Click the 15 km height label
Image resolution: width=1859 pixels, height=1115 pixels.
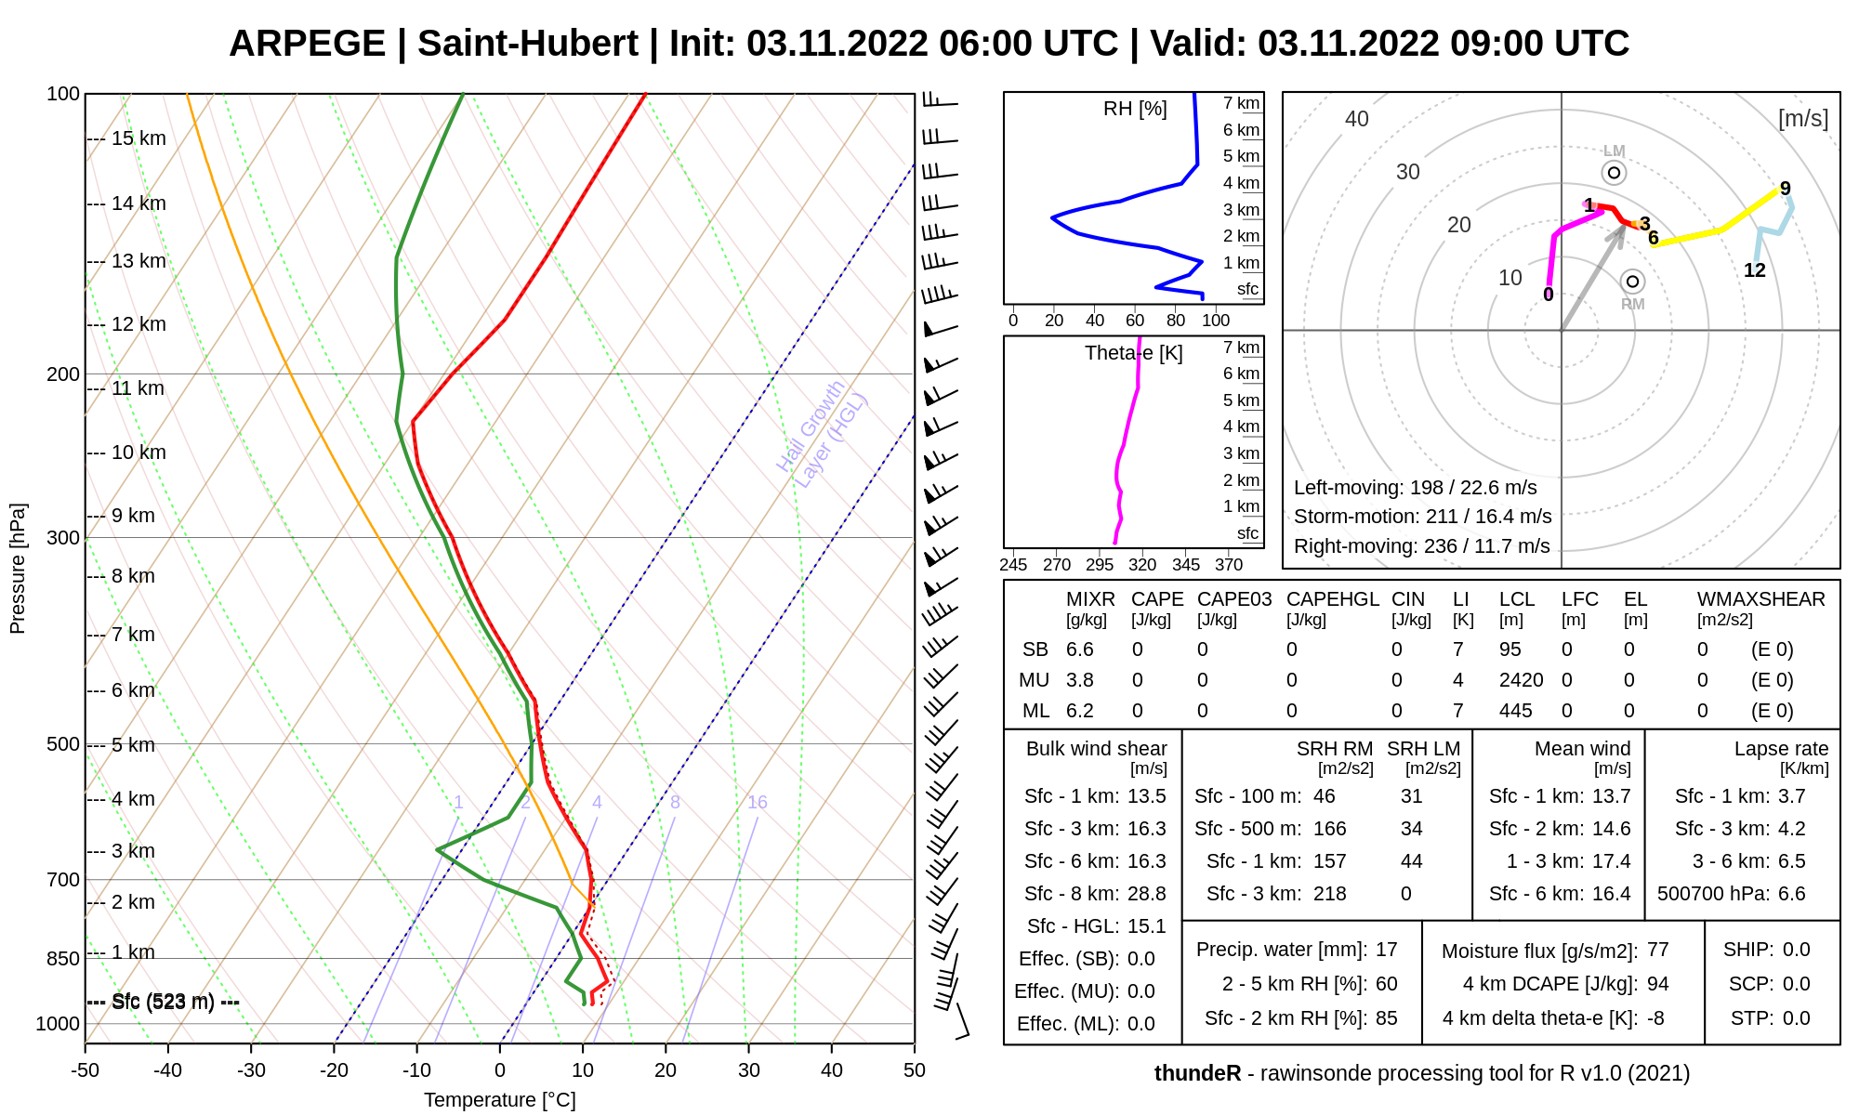point(138,138)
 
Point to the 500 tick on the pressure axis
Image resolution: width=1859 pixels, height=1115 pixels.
point(63,744)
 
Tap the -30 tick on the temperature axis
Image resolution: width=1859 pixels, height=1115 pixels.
point(251,1070)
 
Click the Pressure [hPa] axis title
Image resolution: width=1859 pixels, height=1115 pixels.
point(18,569)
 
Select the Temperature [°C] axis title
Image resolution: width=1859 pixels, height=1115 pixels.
point(500,1100)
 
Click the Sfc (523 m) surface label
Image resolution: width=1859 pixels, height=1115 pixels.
point(164,1002)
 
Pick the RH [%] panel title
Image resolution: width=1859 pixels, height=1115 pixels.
point(1135,109)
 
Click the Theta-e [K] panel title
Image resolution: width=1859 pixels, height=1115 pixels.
point(1133,353)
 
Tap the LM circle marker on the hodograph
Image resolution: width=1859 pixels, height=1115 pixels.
point(1615,173)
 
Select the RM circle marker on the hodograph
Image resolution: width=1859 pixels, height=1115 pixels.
point(1632,282)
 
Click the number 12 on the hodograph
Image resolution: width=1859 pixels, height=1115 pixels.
point(1754,270)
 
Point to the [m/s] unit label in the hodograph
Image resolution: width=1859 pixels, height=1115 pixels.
point(1802,119)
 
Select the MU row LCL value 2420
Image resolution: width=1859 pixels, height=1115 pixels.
point(1521,680)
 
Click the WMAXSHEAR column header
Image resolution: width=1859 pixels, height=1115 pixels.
point(1760,599)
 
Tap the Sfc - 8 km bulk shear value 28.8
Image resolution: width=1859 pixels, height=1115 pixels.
point(1146,894)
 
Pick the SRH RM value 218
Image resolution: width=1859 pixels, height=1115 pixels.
point(1329,894)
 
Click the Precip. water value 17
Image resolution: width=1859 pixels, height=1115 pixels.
point(1386,950)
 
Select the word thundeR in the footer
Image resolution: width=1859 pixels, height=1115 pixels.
point(1197,1074)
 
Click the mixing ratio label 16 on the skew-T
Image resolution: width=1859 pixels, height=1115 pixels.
point(758,802)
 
